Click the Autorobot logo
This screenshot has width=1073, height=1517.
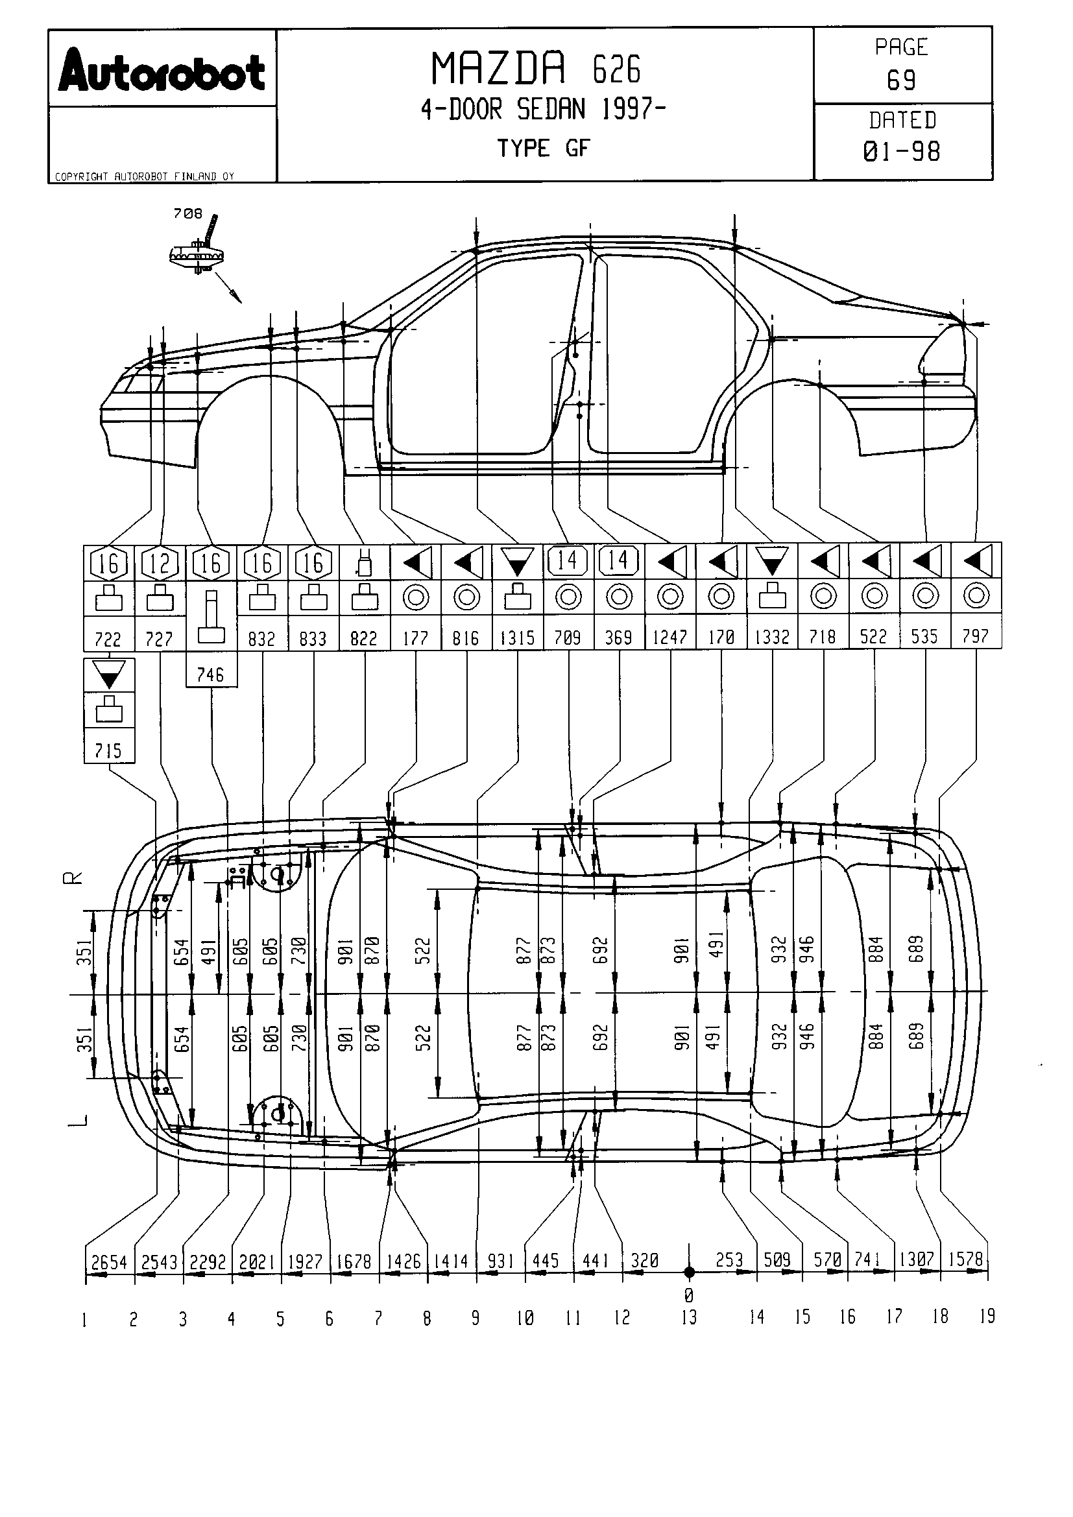[x=162, y=72]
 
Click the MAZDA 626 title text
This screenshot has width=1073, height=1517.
[x=535, y=69]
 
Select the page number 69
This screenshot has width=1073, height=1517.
[x=901, y=80]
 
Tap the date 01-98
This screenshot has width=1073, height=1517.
[x=901, y=152]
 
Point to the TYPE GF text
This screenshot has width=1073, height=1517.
[x=542, y=149]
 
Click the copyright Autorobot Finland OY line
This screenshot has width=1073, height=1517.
[x=144, y=176]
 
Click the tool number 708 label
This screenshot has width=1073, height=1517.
[x=187, y=213]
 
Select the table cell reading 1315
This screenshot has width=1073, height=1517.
[x=517, y=638]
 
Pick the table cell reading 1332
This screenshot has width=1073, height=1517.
[x=772, y=637]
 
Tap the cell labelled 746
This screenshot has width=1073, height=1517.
[x=211, y=675]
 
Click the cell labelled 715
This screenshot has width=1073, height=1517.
[x=108, y=750]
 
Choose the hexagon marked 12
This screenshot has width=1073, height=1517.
[x=160, y=563]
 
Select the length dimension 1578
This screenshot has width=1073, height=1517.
[x=965, y=1259]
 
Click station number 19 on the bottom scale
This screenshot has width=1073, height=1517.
[x=987, y=1316]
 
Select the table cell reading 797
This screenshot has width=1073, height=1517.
[x=976, y=636]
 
